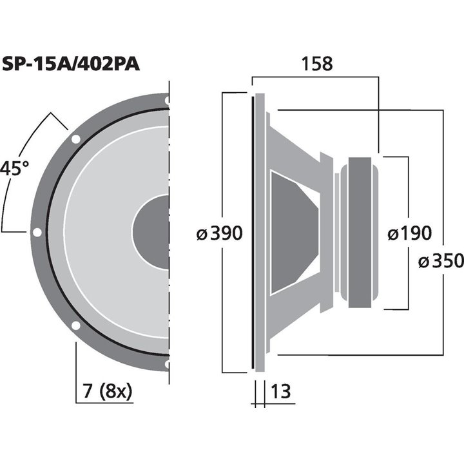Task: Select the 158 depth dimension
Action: tap(316, 64)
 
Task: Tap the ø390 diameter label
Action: tap(220, 233)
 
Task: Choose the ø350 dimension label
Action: tap(441, 261)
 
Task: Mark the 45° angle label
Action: tap(15, 169)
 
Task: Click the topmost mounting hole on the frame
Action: tap(167, 101)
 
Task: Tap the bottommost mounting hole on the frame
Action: tap(167, 364)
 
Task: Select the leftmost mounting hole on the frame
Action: tap(37, 233)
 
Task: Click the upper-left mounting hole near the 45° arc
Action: tap(75, 139)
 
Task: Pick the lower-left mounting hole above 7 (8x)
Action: tap(75, 325)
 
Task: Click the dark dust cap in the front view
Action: tap(152, 233)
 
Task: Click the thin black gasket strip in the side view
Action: tap(252, 233)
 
